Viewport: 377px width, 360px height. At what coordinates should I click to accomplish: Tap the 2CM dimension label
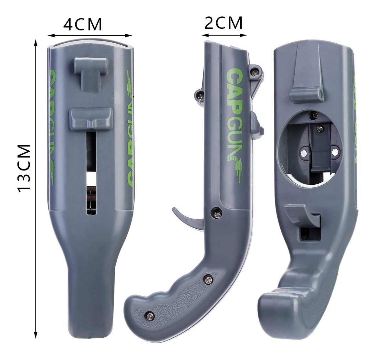[x=224, y=23]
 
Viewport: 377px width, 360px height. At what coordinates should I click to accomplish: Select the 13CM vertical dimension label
[x=24, y=168]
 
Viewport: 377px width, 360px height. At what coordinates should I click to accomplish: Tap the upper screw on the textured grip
[x=209, y=279]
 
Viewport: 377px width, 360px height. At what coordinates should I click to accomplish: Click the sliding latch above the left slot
[x=91, y=119]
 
